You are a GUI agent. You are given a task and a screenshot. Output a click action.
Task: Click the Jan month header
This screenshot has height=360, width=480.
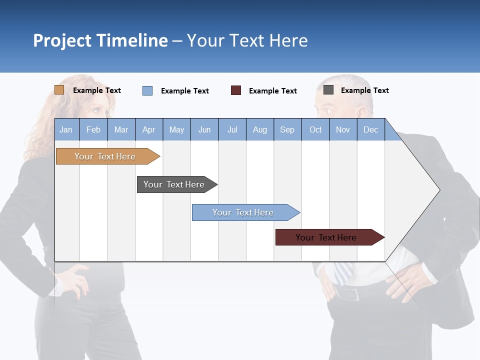click(x=66, y=129)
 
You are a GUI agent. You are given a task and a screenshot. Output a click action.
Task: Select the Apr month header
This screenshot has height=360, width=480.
click(x=149, y=129)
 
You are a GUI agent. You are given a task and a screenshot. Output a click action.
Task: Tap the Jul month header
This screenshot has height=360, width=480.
click(x=232, y=129)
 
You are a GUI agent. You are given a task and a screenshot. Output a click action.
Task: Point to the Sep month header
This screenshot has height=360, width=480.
click(x=287, y=129)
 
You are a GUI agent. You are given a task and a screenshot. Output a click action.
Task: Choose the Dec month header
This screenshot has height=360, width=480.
click(x=370, y=129)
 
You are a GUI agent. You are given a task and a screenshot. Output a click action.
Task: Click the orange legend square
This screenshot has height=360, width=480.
click(x=59, y=90)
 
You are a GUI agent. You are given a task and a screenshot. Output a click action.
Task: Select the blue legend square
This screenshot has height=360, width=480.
click(x=147, y=90)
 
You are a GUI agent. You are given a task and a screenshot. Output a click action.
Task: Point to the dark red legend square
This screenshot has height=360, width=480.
click(x=235, y=90)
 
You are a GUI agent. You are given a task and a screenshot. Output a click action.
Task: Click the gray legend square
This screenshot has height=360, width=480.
click(x=328, y=90)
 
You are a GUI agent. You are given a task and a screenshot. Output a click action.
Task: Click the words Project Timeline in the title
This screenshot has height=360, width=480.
click(x=100, y=40)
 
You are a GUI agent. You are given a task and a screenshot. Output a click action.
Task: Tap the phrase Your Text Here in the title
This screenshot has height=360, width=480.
click(x=247, y=40)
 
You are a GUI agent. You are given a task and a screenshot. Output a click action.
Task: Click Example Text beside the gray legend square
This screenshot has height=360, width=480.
click(x=364, y=90)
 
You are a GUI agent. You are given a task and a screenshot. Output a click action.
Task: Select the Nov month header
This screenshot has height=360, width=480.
click(x=343, y=129)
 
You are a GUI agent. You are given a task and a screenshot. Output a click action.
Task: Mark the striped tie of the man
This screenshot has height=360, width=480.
click(x=344, y=272)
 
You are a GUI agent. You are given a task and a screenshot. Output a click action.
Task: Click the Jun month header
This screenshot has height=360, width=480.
click(x=204, y=129)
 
